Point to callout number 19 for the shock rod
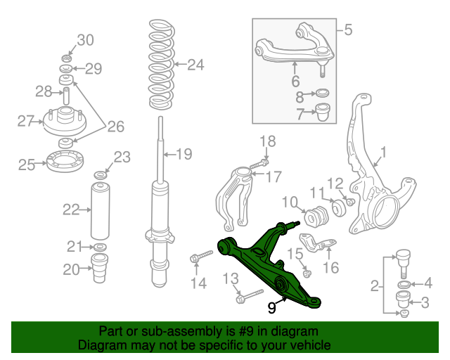(x=184, y=154)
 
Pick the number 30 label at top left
(x=84, y=40)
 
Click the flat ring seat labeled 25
(x=65, y=162)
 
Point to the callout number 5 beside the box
(x=348, y=30)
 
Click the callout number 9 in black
(x=272, y=307)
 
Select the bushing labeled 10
(x=315, y=213)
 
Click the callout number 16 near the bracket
(x=330, y=267)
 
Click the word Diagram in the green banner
(x=98, y=345)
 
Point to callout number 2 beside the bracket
(x=376, y=286)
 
